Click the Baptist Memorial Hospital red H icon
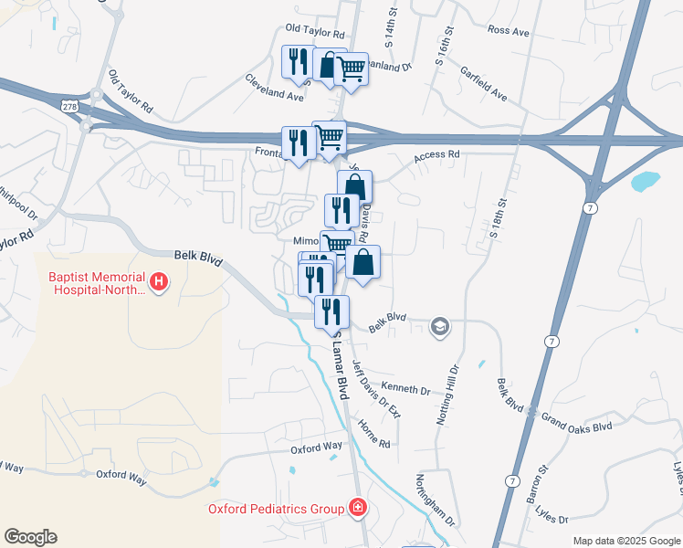point(159,281)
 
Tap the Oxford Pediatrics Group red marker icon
point(359,508)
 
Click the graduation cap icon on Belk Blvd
point(440,327)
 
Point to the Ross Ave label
point(509,31)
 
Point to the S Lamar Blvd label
point(342,362)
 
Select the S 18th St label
point(498,219)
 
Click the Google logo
point(30,537)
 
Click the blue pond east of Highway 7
point(645,181)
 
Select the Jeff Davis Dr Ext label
point(376,389)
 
